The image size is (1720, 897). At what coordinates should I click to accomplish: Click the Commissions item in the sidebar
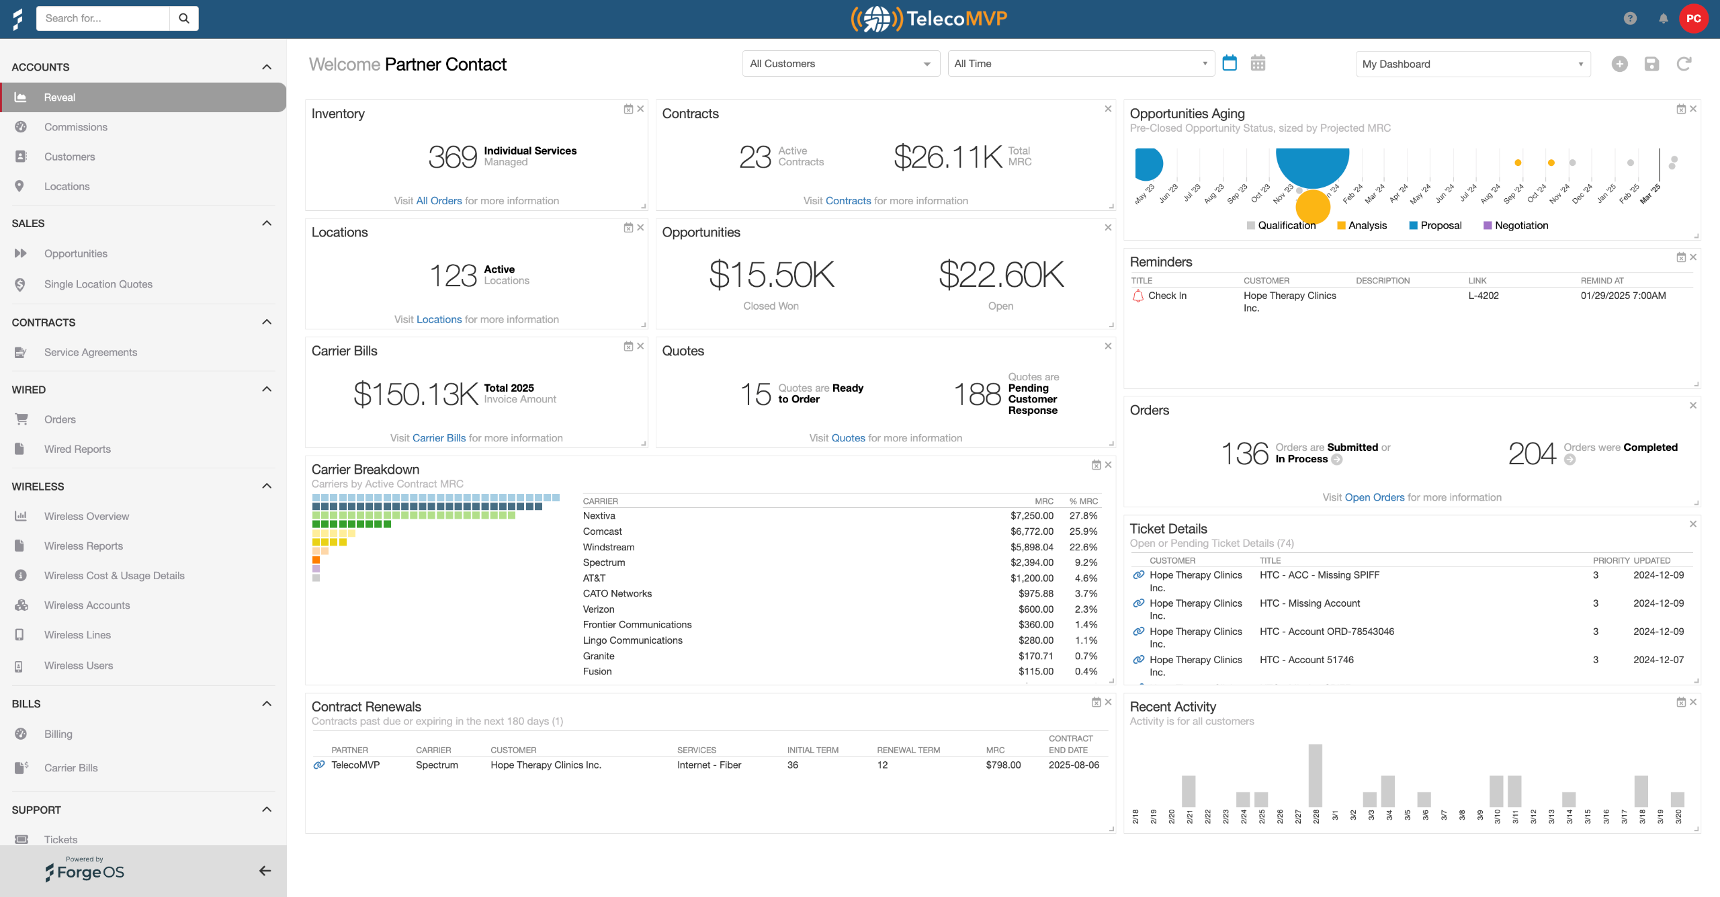[75, 127]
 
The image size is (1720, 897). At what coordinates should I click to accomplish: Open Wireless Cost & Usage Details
[114, 576]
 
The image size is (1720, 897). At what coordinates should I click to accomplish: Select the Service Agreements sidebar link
[91, 352]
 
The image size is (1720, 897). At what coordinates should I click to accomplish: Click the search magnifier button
[183, 18]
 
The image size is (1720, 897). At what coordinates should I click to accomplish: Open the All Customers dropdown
[841, 64]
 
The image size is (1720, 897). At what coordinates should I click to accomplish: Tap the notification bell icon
[1663, 19]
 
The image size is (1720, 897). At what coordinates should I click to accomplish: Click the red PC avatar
[1693, 19]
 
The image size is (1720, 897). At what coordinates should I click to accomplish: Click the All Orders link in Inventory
[439, 201]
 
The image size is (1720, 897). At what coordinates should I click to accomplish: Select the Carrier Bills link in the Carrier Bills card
[439, 438]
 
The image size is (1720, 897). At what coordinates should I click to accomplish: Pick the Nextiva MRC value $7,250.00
[1032, 516]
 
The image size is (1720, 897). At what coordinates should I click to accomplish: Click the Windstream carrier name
[609, 547]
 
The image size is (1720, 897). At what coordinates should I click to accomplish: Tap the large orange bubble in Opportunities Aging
[1313, 207]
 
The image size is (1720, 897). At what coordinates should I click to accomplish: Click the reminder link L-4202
[1483, 296]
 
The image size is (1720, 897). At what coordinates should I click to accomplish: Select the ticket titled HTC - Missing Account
[1309, 603]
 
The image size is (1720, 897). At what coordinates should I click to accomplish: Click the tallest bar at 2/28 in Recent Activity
[1315, 775]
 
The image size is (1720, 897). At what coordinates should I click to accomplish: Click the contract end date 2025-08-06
[1074, 765]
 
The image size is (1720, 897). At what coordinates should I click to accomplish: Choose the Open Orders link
[1374, 497]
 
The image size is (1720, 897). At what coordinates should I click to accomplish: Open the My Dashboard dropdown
[1473, 64]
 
